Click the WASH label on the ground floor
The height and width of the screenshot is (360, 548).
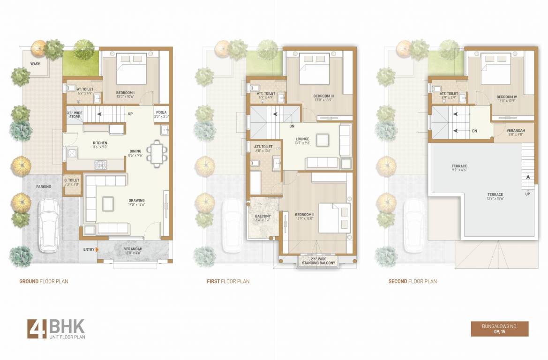pos(35,64)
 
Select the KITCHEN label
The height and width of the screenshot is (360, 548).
pos(100,143)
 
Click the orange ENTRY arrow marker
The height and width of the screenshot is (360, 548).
pos(97,250)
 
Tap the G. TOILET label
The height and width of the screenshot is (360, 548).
pos(72,180)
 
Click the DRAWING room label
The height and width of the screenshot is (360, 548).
pos(136,201)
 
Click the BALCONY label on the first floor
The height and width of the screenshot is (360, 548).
pos(262,217)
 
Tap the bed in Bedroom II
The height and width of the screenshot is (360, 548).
pos(334,217)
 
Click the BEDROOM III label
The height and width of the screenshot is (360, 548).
pos(323,96)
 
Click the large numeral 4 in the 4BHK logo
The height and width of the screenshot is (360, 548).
pos(36,329)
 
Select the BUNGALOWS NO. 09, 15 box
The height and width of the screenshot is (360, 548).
pos(499,329)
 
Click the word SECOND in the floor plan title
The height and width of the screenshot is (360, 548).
pos(398,281)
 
